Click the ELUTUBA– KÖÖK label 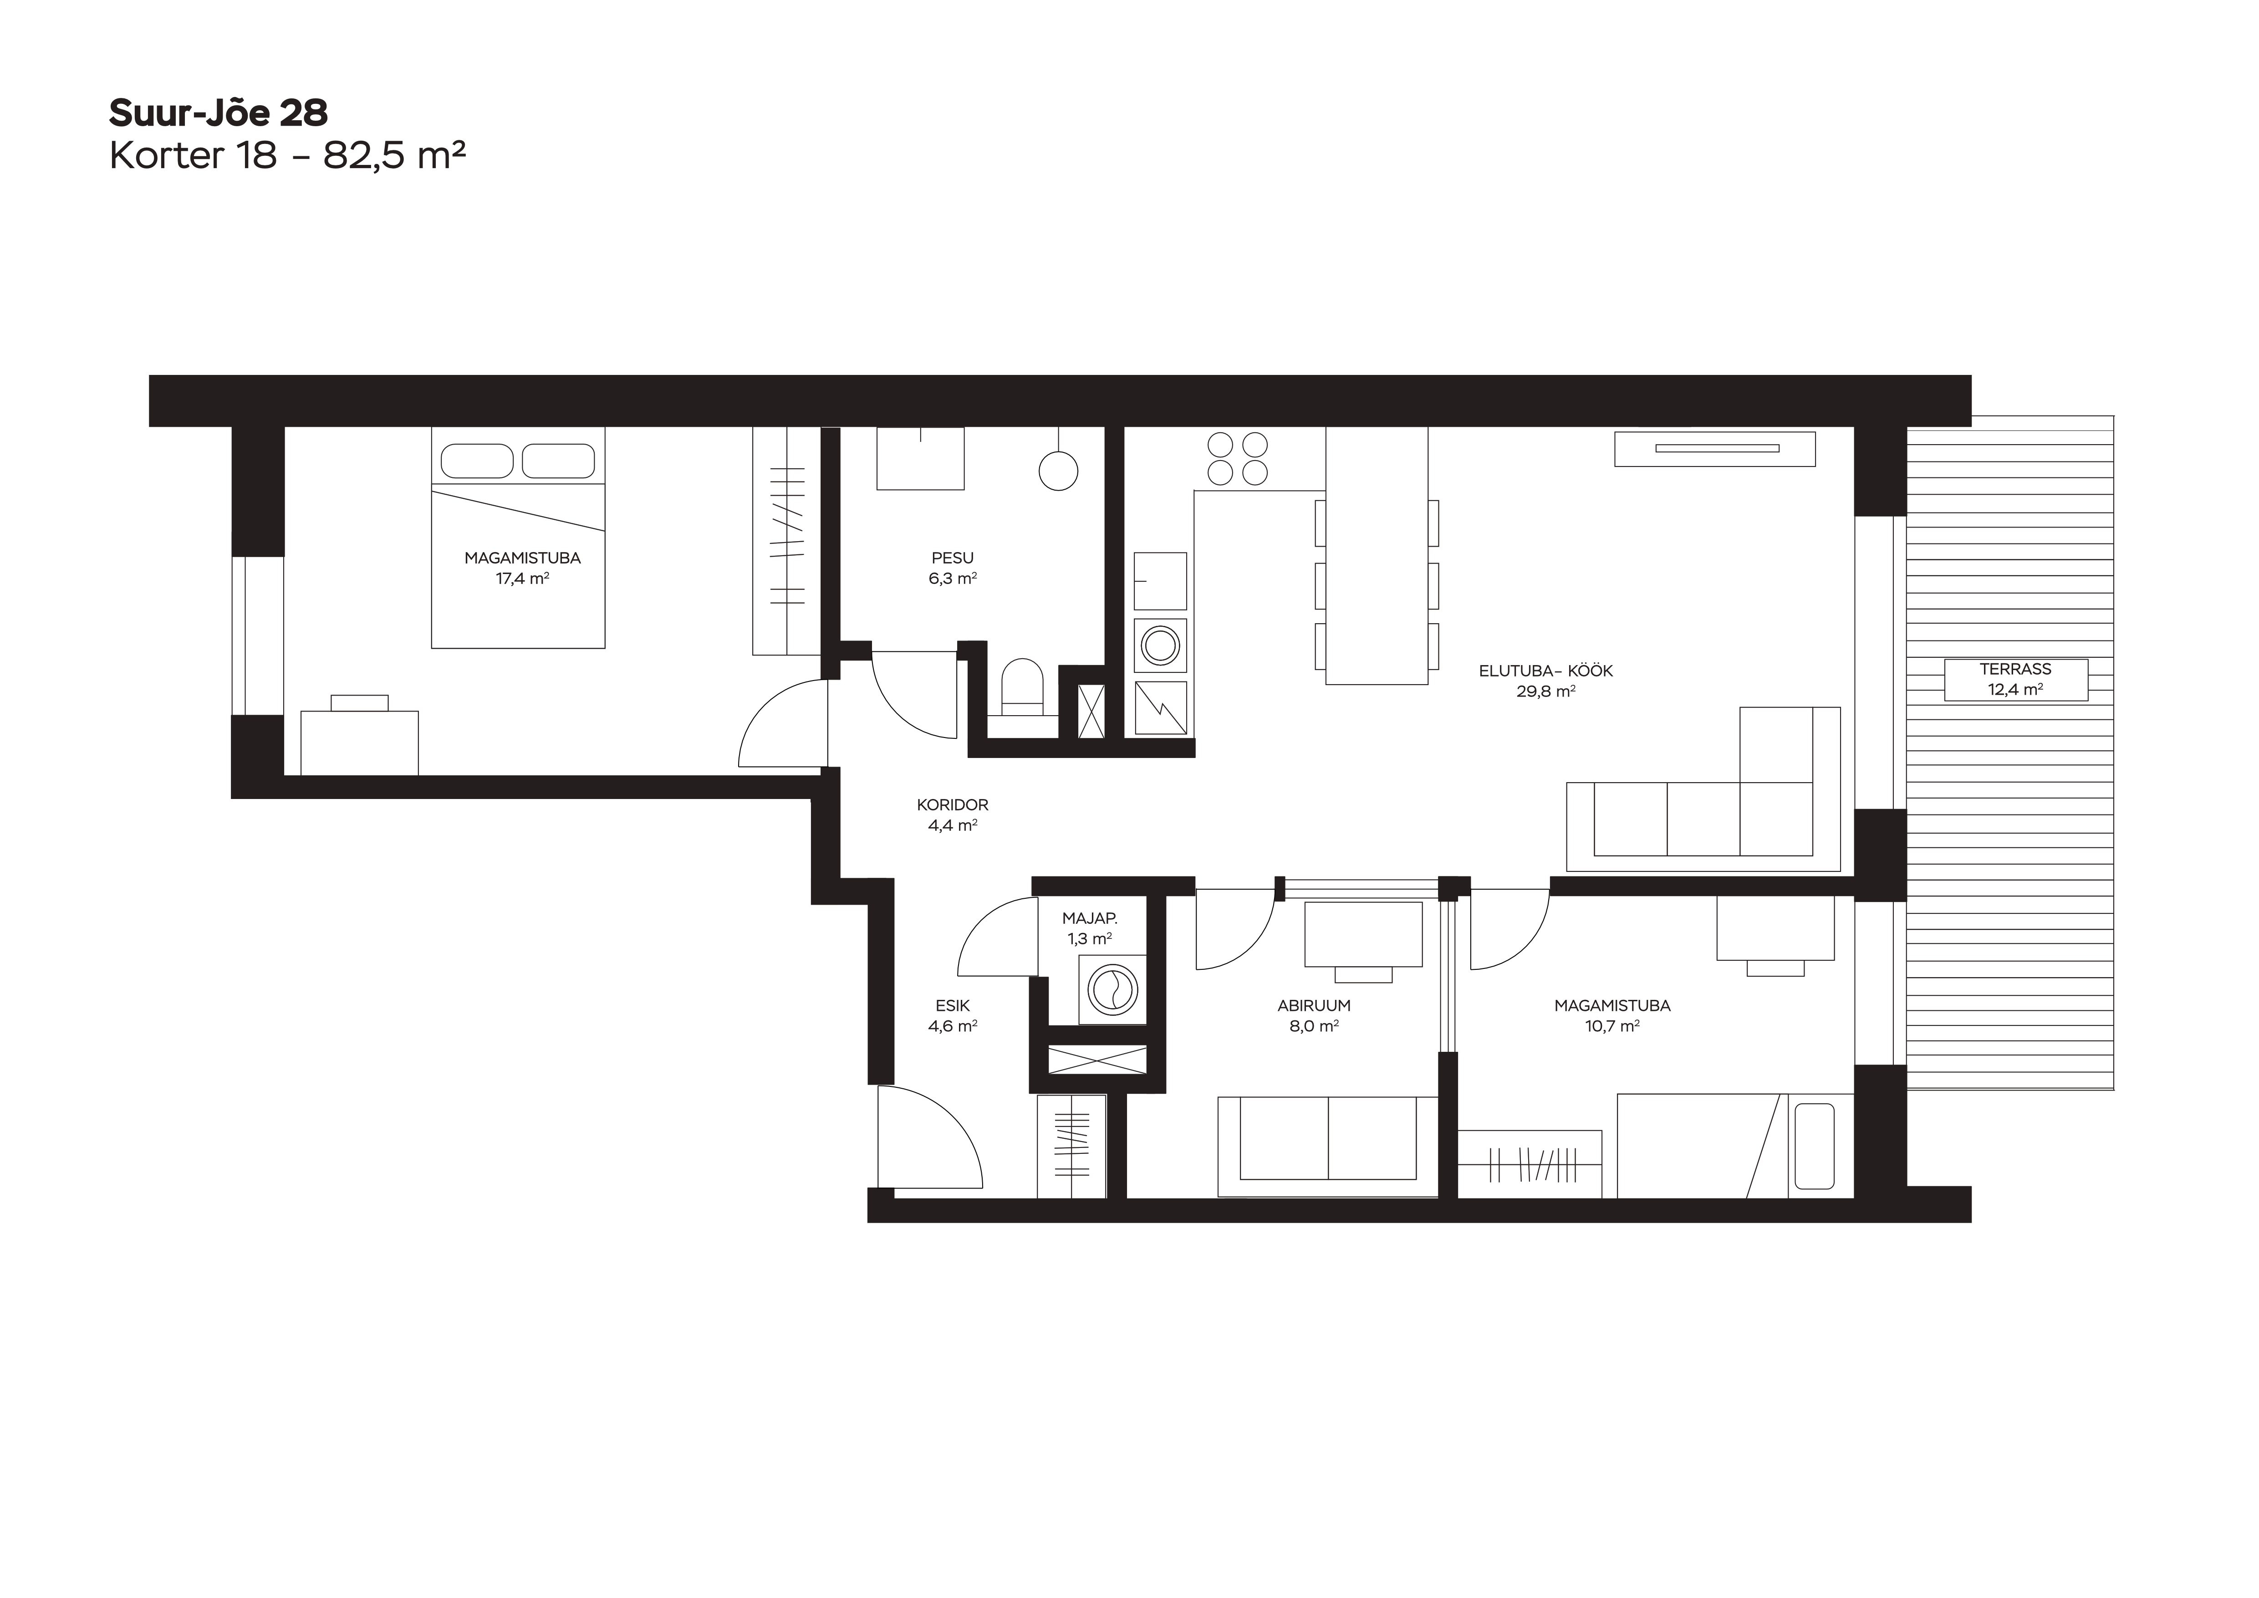tap(1545, 671)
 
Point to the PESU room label tap(953, 558)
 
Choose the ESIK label tap(953, 1006)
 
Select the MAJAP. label tap(1089, 918)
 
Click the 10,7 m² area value tap(1611, 1025)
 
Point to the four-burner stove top tap(1237, 459)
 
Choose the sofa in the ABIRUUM tap(1328, 1147)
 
